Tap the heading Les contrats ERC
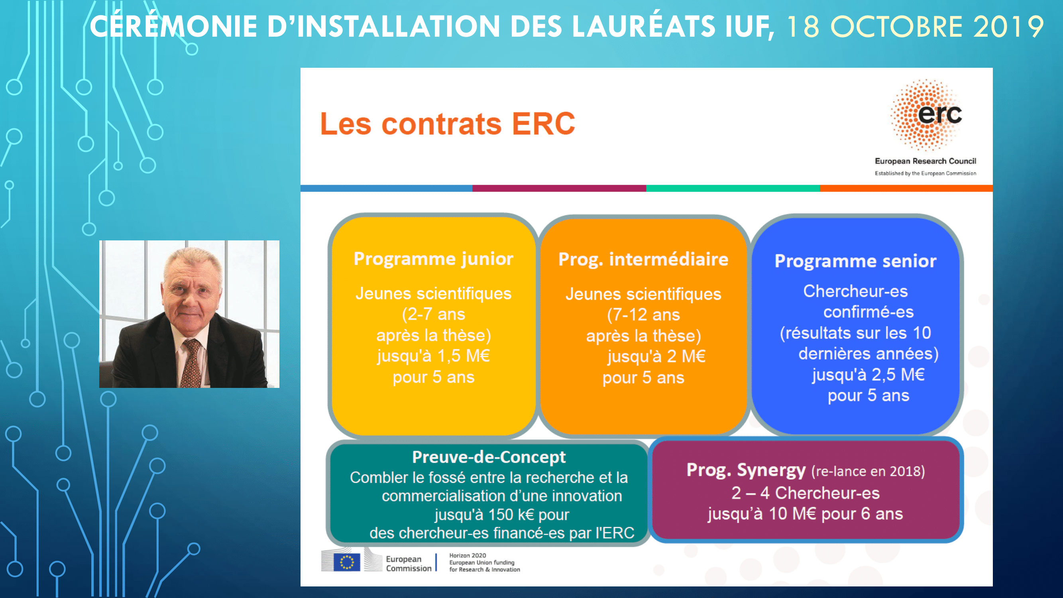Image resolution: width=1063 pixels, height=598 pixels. click(x=448, y=124)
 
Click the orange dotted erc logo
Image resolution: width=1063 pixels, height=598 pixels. click(x=926, y=115)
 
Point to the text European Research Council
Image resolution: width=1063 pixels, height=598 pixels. click(x=925, y=161)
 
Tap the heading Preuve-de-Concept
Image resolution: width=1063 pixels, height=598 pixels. click(x=489, y=457)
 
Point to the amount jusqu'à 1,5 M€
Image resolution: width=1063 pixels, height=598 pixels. click(x=433, y=356)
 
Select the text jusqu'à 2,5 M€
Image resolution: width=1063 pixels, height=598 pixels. click(x=868, y=375)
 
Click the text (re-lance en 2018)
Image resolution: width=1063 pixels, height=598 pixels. click(x=868, y=472)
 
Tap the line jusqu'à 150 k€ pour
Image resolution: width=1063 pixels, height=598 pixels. click(x=502, y=515)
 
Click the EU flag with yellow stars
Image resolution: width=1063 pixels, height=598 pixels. click(x=347, y=563)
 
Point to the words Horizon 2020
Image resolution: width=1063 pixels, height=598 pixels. click(x=468, y=555)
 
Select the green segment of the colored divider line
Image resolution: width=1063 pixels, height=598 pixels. click(x=733, y=188)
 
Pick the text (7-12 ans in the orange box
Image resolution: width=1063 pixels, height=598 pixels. click(x=643, y=315)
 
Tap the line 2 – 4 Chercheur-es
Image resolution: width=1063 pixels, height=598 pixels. click(x=806, y=493)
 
